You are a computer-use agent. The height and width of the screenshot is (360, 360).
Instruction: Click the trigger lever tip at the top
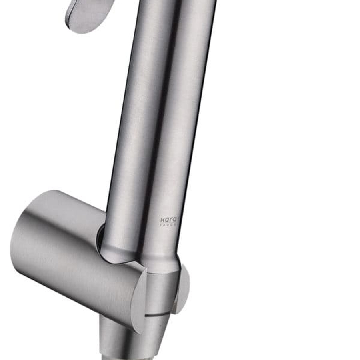[x=86, y=16]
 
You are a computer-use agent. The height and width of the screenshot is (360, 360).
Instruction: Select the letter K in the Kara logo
[x=162, y=220]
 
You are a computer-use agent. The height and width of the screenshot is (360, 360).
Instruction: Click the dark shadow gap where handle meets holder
[x=101, y=236]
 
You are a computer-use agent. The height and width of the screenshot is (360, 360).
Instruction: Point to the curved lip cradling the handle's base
[x=120, y=262]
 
